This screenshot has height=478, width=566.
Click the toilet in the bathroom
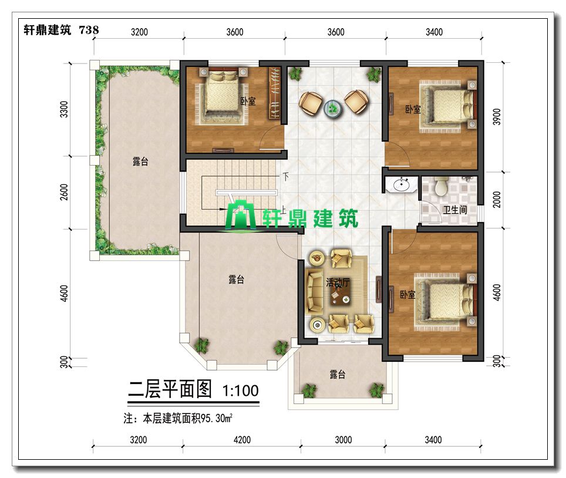[x=441, y=186]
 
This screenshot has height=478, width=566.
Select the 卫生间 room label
[x=455, y=210]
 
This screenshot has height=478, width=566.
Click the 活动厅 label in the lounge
[x=338, y=282]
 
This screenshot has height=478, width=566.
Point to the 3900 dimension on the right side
[x=497, y=117]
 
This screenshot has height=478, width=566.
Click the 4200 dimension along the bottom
[x=242, y=440]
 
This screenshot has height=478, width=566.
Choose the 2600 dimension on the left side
[x=64, y=192]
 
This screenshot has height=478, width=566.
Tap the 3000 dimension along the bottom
[x=343, y=440]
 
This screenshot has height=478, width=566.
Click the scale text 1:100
[x=240, y=391]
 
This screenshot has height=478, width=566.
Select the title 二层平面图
[x=170, y=389]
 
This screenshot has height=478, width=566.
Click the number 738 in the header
[x=89, y=29]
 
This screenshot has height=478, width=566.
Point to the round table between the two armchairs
[x=332, y=108]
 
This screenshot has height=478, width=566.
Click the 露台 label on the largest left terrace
[x=140, y=161]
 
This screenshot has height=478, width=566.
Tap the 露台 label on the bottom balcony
[x=338, y=375]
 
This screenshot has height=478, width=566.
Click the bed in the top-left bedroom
[x=221, y=94]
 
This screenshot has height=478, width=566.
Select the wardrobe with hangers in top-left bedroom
[x=275, y=93]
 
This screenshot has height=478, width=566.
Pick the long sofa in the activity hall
[x=314, y=292]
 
